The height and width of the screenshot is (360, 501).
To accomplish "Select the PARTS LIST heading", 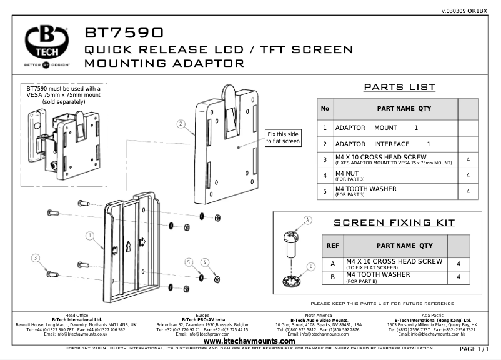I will coord(399,87).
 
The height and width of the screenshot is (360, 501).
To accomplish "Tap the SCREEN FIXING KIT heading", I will coord(394,222).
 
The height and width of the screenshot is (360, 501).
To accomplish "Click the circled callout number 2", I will coord(181,124).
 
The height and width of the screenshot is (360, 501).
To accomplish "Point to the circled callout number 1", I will coord(90,236).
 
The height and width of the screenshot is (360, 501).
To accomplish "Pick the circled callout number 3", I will coord(36,257).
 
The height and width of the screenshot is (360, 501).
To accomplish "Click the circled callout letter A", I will coord(307,220).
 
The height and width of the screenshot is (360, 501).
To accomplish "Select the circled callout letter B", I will coord(310,266).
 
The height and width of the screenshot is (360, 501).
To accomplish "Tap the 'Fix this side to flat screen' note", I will coord(283,138).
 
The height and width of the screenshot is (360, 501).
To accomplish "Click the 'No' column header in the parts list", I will coord(325,109).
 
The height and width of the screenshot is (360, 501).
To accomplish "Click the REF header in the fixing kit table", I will coord(333,246).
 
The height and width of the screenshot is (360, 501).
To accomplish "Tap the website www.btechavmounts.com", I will coord(249,341).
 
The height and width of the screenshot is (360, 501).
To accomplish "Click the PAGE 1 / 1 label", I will coord(474,349).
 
